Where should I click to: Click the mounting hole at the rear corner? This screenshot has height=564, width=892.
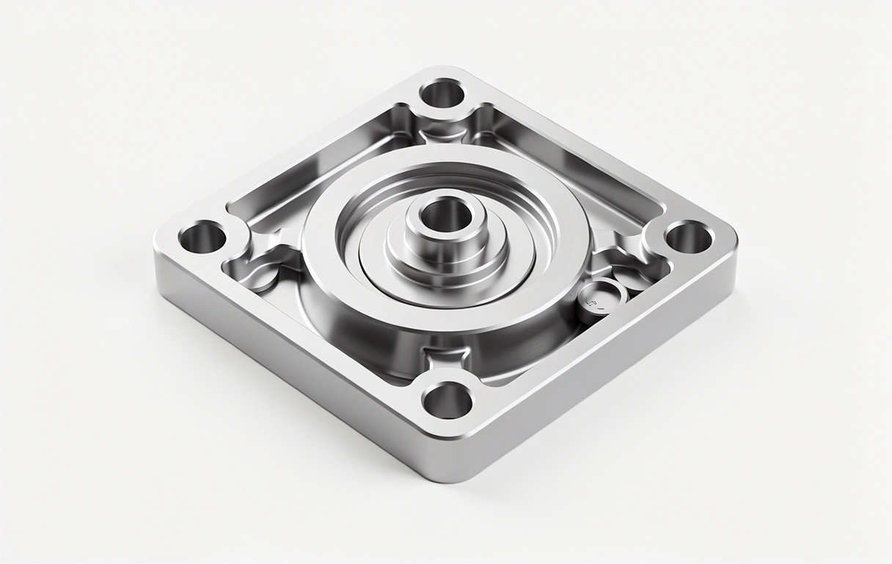click(x=442, y=94)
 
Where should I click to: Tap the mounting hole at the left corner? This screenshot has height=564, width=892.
click(x=202, y=236)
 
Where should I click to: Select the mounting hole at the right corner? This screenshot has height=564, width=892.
click(x=689, y=237)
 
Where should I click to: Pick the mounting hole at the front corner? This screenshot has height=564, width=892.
click(x=447, y=400)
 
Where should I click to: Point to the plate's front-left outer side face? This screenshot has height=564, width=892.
click(x=293, y=367)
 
